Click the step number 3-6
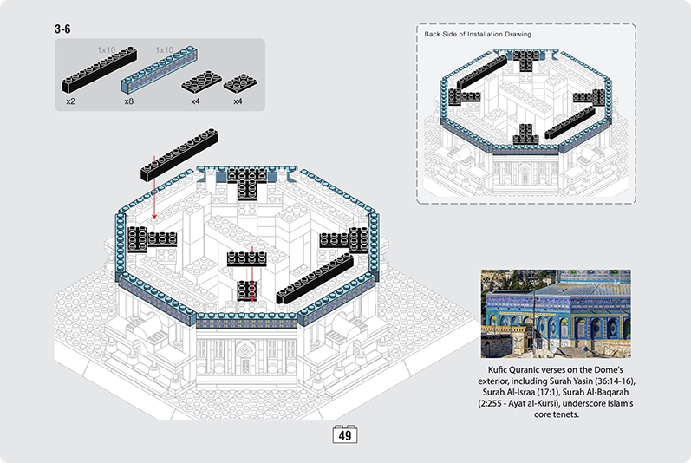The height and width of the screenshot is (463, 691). click(62, 29)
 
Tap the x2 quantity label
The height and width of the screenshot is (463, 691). click(70, 101)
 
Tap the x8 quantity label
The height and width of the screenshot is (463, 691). click(128, 101)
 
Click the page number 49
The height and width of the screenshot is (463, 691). click(345, 436)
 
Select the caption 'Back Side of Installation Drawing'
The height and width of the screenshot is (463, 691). click(477, 35)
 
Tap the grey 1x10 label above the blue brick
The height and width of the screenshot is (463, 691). click(165, 50)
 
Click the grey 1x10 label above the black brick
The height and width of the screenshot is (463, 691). click(107, 50)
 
